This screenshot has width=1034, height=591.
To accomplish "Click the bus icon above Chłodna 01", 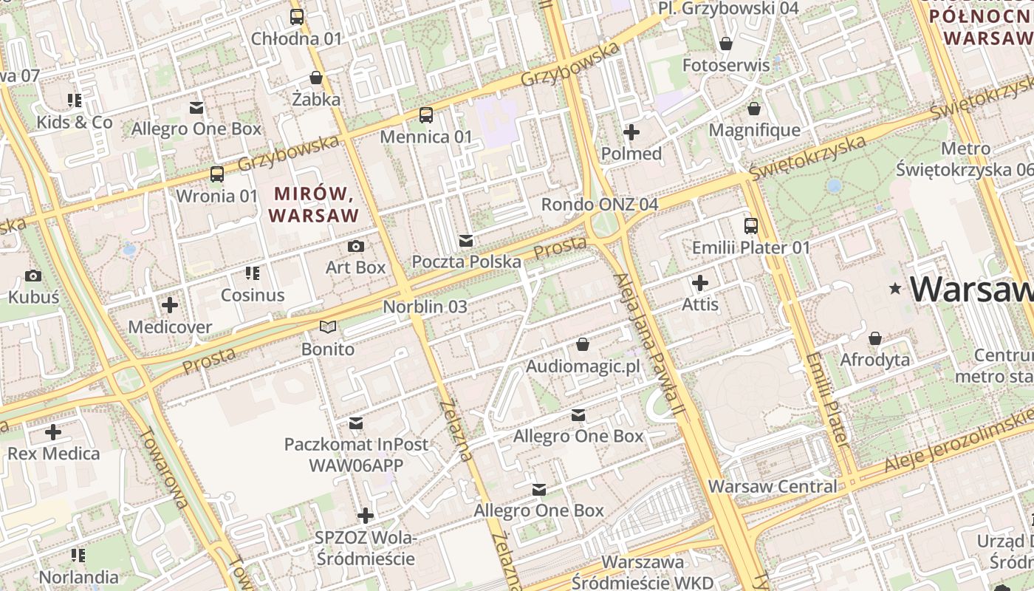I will click(x=297, y=16).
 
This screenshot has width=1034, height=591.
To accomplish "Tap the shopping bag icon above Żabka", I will click(x=316, y=78).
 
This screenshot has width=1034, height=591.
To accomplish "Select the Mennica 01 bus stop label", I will click(x=425, y=137).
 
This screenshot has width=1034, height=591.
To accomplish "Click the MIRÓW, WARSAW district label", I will click(x=314, y=205).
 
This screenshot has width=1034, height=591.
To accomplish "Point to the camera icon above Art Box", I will click(x=356, y=246).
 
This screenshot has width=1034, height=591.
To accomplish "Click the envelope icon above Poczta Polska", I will click(x=466, y=241).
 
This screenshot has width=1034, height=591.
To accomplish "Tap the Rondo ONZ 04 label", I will click(x=599, y=205).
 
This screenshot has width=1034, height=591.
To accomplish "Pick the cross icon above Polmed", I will click(x=631, y=132).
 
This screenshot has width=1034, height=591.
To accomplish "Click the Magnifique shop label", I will click(x=754, y=130).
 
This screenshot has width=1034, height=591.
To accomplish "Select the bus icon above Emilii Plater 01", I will click(x=751, y=226).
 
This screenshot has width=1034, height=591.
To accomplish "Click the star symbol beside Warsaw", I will click(x=896, y=289).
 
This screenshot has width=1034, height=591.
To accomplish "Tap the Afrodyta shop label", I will click(x=875, y=360).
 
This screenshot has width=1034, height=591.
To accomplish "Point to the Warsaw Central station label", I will click(x=773, y=487).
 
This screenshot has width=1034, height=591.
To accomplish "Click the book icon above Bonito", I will click(x=328, y=327).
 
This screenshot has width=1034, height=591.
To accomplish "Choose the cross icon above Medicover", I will click(x=170, y=304).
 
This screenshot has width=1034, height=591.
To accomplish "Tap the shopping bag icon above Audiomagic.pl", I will click(x=583, y=344).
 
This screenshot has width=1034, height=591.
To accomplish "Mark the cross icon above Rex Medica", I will click(x=53, y=431).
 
